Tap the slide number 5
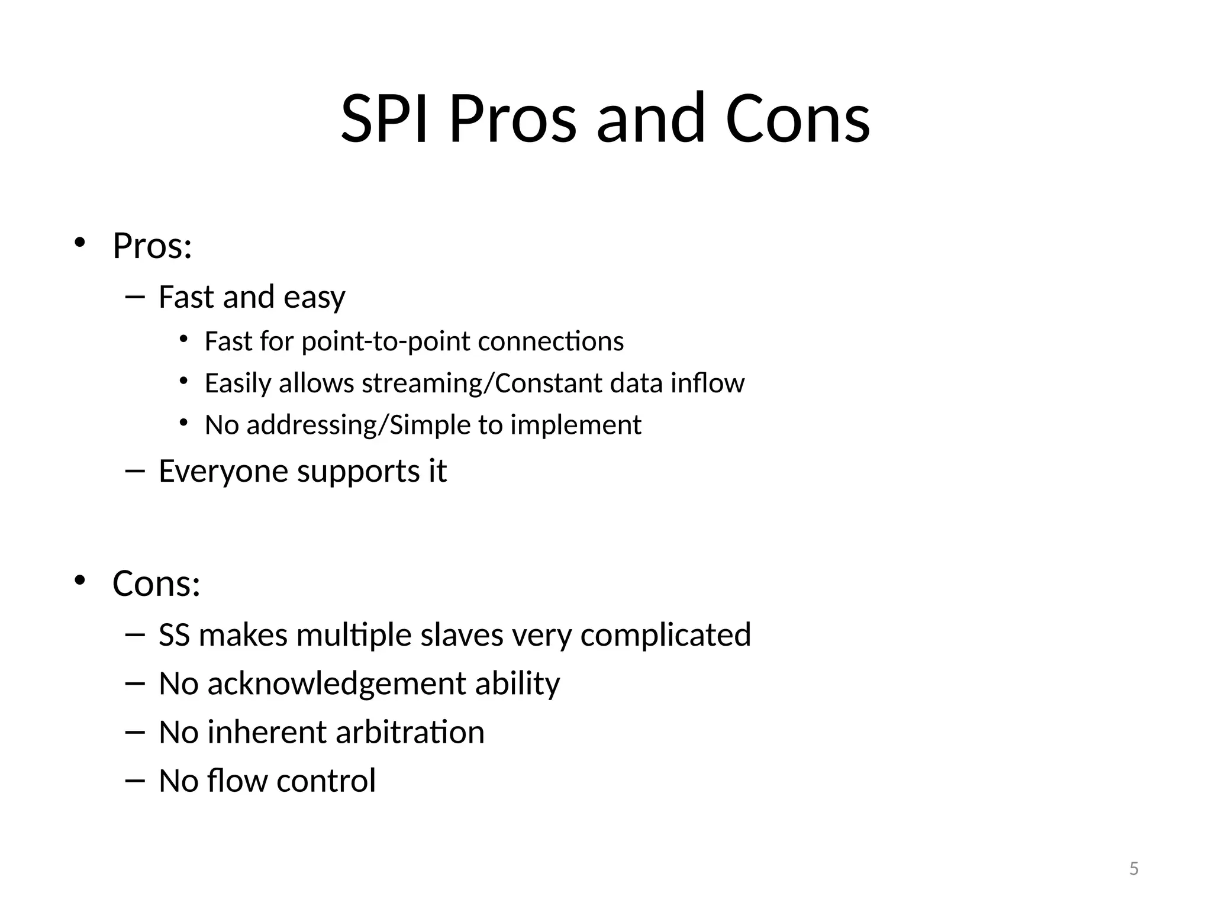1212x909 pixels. click(x=1134, y=869)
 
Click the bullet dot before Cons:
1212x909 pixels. click(x=80, y=581)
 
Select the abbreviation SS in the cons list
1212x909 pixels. click(x=174, y=635)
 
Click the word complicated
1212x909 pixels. click(x=665, y=635)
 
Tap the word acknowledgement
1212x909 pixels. click(x=336, y=684)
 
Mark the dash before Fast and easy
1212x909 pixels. click(x=135, y=296)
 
